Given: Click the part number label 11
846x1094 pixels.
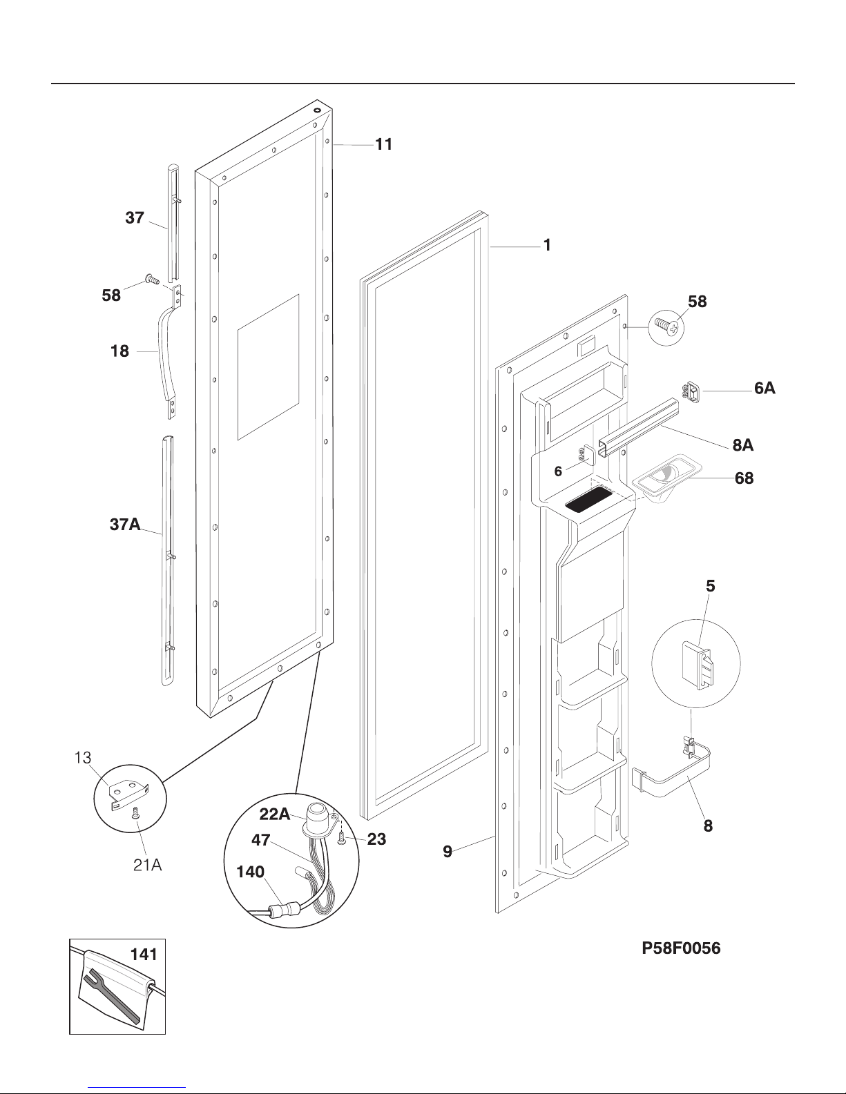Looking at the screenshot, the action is [x=384, y=144].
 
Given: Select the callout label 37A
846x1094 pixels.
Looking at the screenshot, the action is [x=125, y=525].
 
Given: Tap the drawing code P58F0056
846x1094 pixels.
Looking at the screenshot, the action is [x=681, y=948].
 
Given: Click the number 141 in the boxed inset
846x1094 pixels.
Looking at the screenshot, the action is [x=144, y=955].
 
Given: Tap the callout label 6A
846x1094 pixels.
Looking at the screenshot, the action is [x=765, y=388].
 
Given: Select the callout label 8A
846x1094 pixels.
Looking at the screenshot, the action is [x=743, y=445].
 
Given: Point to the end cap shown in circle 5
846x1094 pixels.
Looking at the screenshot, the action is [x=698, y=665].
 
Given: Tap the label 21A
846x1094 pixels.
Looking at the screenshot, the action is [x=147, y=865].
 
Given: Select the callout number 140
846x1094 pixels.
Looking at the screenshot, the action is [x=250, y=872].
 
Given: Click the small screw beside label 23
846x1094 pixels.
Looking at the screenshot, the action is [x=342, y=839].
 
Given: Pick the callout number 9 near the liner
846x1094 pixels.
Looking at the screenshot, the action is [x=448, y=851].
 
